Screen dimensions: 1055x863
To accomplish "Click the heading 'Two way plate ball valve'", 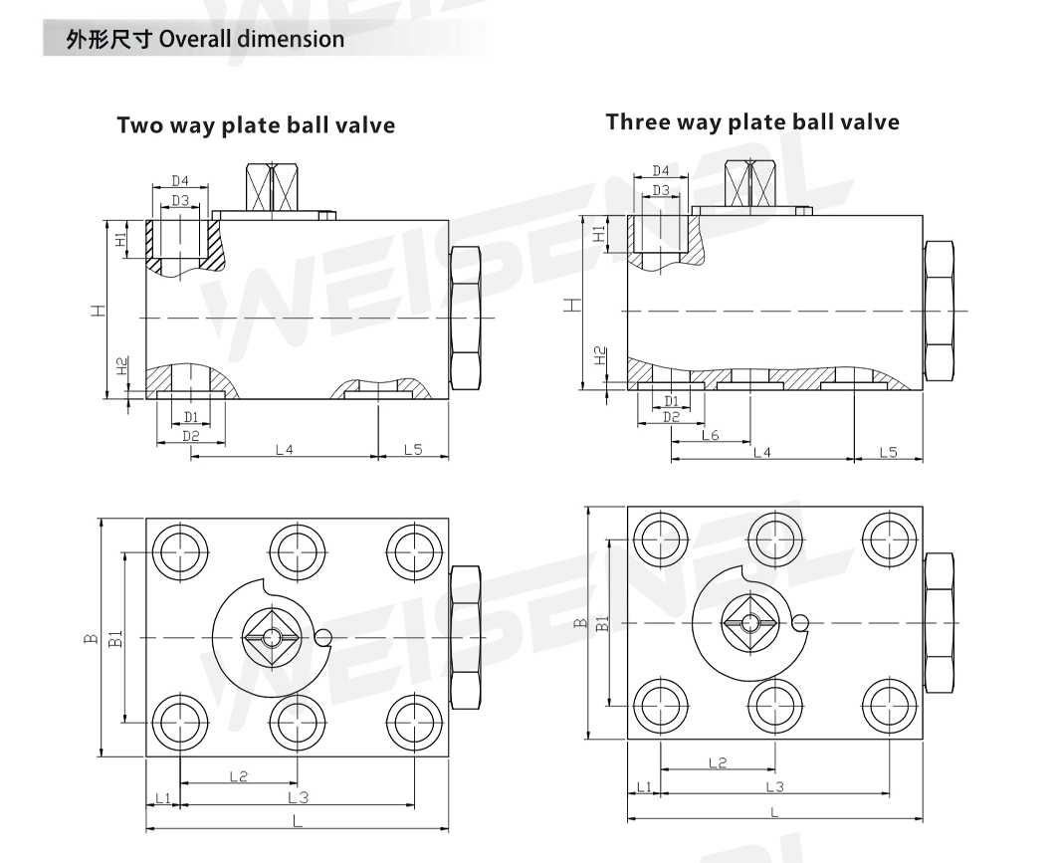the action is [256, 125].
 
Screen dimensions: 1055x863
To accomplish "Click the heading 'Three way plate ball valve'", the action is [752, 122].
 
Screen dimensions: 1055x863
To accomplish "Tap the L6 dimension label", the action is [710, 435].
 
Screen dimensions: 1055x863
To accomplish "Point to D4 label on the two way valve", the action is [179, 181].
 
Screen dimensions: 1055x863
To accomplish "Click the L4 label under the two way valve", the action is [285, 449].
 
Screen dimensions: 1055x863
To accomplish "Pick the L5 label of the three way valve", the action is [888, 452].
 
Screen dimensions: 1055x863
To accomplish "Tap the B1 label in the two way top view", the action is [115, 638].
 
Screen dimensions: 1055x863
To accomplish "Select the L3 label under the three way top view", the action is [775, 787].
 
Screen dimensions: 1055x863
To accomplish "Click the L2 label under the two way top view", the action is [239, 776].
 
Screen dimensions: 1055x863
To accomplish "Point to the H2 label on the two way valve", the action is [121, 366].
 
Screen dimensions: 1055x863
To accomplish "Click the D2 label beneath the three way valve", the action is [671, 417].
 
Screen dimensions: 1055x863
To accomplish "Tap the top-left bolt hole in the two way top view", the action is [180, 550].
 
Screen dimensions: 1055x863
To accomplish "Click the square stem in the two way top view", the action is [272, 637].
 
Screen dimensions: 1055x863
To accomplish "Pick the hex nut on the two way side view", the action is [465, 319].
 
